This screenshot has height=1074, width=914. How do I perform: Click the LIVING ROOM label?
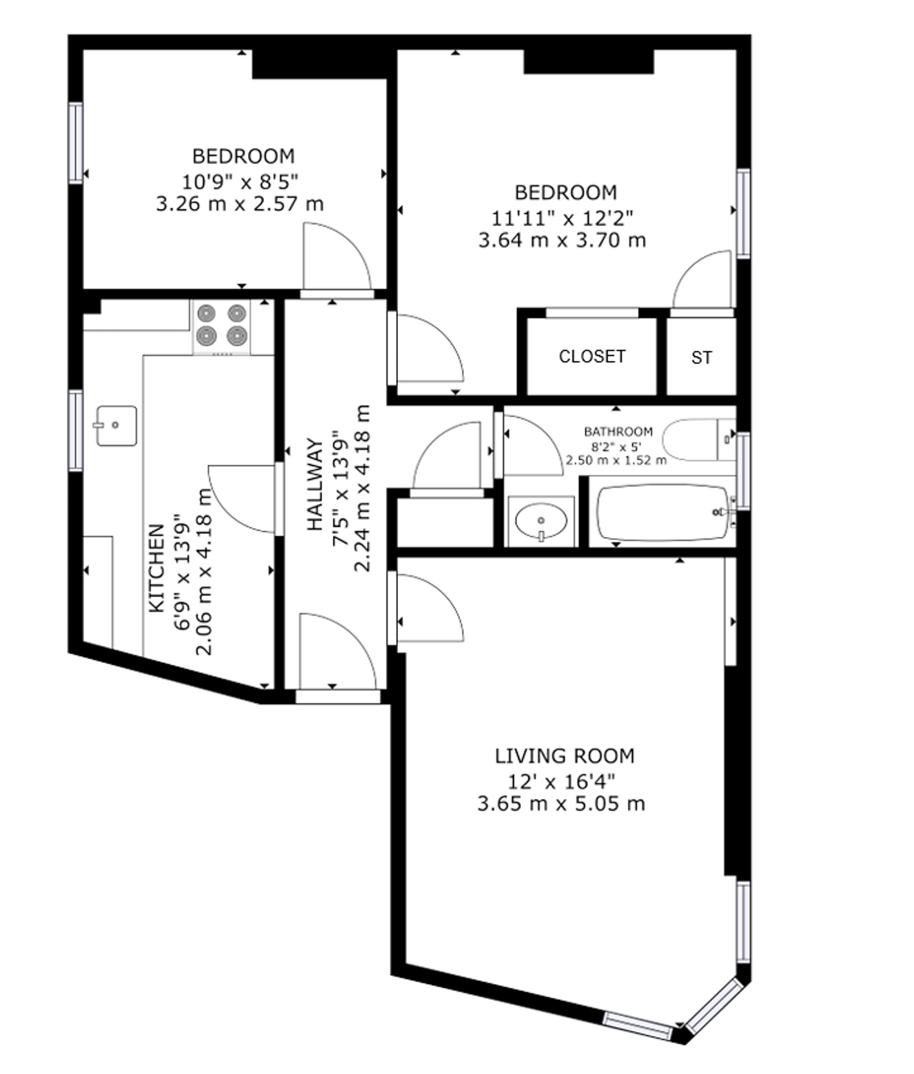click(565, 756)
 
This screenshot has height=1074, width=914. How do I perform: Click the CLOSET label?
click(592, 356)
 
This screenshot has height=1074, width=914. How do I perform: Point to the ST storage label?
click(701, 357)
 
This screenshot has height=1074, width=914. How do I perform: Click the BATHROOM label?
click(618, 431)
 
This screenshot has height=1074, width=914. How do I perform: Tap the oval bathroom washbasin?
click(542, 521)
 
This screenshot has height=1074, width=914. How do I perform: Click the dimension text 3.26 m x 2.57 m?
click(240, 204)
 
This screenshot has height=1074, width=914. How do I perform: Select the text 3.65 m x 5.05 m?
click(561, 804)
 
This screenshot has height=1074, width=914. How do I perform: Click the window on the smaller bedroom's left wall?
click(76, 143)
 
